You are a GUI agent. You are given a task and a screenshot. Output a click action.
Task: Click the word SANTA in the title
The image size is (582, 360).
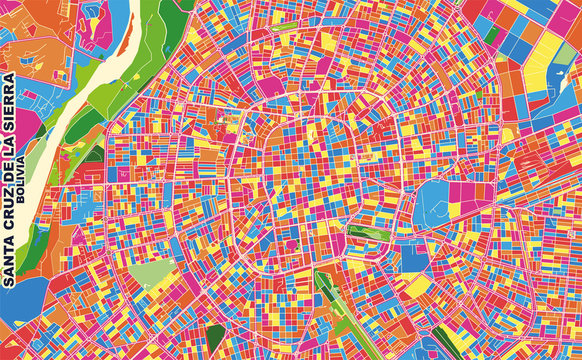pyautogui.click(x=10, y=257)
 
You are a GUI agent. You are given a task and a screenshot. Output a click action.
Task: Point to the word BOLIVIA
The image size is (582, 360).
pyautogui.click(x=23, y=183)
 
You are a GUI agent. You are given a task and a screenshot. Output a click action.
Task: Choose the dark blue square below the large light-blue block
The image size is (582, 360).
pyautogui.click(x=414, y=258)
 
